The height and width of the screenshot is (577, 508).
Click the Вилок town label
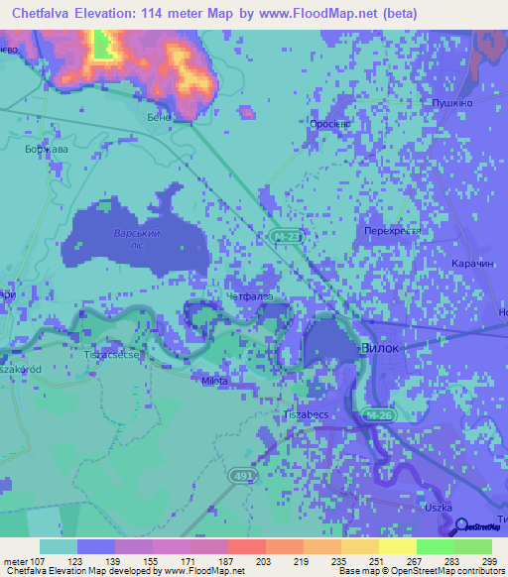coord(384,350)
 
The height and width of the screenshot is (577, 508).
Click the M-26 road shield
coord(379,414)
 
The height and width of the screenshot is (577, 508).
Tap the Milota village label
coord(214,381)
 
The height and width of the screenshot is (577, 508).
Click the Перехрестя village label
coord(393,230)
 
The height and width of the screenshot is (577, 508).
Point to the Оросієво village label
coord(328,125)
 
